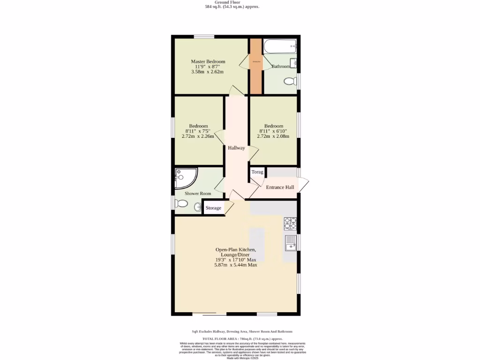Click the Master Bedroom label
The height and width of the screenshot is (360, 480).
pos(208,61)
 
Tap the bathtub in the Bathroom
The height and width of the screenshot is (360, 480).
pos(280,46)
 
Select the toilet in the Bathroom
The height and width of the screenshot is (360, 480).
pos(290,82)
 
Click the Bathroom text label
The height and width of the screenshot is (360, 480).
pos(281,67)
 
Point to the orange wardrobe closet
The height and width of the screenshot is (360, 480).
pos(255,66)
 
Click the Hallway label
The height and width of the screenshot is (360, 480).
pos(236,148)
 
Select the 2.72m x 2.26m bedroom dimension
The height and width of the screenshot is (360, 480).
pos(197,136)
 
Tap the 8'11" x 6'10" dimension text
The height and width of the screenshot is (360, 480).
pos(273,131)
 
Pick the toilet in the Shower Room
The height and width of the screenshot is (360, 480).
pos(181,204)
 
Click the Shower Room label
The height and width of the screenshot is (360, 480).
pos(197,193)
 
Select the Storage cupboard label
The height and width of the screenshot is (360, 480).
pos(213,208)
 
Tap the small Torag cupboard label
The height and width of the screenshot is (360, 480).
pos(257,172)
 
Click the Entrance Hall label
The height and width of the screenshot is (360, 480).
pos(280,187)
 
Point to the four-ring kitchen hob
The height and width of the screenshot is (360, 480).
pos(290,224)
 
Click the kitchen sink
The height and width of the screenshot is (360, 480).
pos(290,243)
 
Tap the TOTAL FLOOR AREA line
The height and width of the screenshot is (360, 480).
pos(242,338)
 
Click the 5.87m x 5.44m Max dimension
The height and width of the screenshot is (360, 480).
pos(235,265)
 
